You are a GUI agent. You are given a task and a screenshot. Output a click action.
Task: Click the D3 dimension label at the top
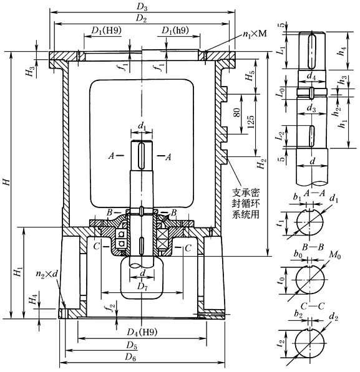point(142,7)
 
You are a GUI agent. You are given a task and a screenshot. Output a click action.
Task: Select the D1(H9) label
point(106,31)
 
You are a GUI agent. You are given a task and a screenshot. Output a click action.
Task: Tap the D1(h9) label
point(175,31)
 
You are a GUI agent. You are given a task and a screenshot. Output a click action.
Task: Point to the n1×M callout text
point(255,34)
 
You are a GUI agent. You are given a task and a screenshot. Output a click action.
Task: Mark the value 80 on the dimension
point(237,112)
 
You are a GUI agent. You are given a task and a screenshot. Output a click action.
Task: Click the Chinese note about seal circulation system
point(246,204)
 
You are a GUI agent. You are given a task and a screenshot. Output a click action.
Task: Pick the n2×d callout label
point(47,274)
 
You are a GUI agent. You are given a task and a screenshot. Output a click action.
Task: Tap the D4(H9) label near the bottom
point(142,332)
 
